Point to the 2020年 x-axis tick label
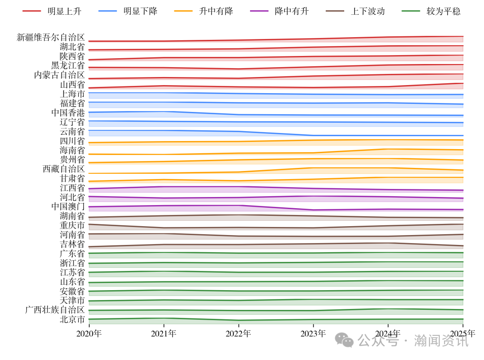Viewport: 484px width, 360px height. (x=89, y=334)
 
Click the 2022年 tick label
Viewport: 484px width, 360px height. (x=238, y=334)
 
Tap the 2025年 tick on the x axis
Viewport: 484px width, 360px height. (x=462, y=334)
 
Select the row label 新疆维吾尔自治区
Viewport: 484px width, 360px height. (x=51, y=37)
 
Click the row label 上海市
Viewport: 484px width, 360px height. (x=72, y=94)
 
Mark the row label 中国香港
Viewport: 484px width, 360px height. (x=68, y=112)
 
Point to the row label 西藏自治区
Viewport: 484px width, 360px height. (x=64, y=169)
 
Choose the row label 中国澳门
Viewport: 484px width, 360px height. (x=68, y=206)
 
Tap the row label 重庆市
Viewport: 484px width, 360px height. (x=72, y=225)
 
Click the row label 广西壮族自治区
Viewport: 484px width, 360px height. (x=55, y=310)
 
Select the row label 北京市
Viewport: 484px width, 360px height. (x=72, y=319)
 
